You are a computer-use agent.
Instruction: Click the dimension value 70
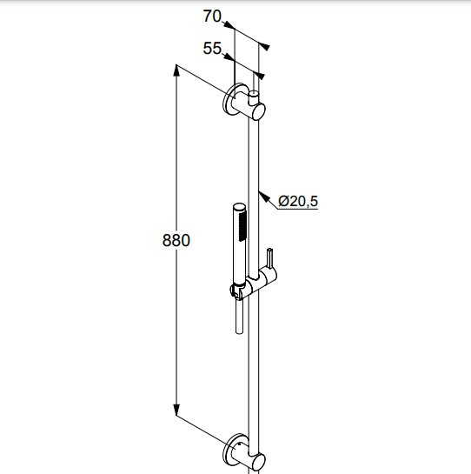click(212, 16)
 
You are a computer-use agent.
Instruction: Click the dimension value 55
click(212, 48)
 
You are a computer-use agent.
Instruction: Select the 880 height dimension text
click(176, 240)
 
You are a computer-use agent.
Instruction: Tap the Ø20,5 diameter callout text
click(298, 201)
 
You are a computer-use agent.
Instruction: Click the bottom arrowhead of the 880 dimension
click(176, 410)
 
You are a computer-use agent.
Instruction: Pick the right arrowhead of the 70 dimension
click(264, 47)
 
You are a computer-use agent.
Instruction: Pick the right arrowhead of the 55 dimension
click(259, 75)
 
